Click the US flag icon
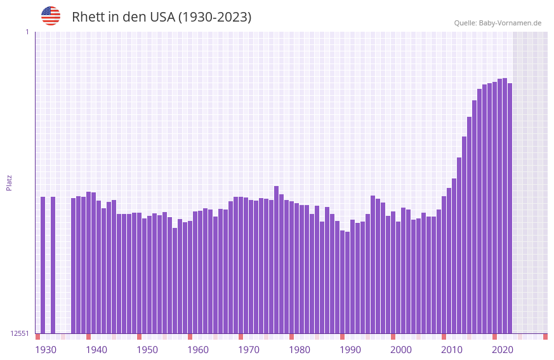click(51, 16)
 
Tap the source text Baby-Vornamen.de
click(510, 23)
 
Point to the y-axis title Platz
click(9, 182)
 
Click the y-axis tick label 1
click(27, 32)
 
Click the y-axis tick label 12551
click(20, 333)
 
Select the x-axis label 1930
click(46, 350)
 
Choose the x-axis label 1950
click(147, 350)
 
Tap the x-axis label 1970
click(249, 350)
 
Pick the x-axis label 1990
click(350, 350)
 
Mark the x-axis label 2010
click(452, 350)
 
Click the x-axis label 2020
click(503, 350)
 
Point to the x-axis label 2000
click(401, 350)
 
